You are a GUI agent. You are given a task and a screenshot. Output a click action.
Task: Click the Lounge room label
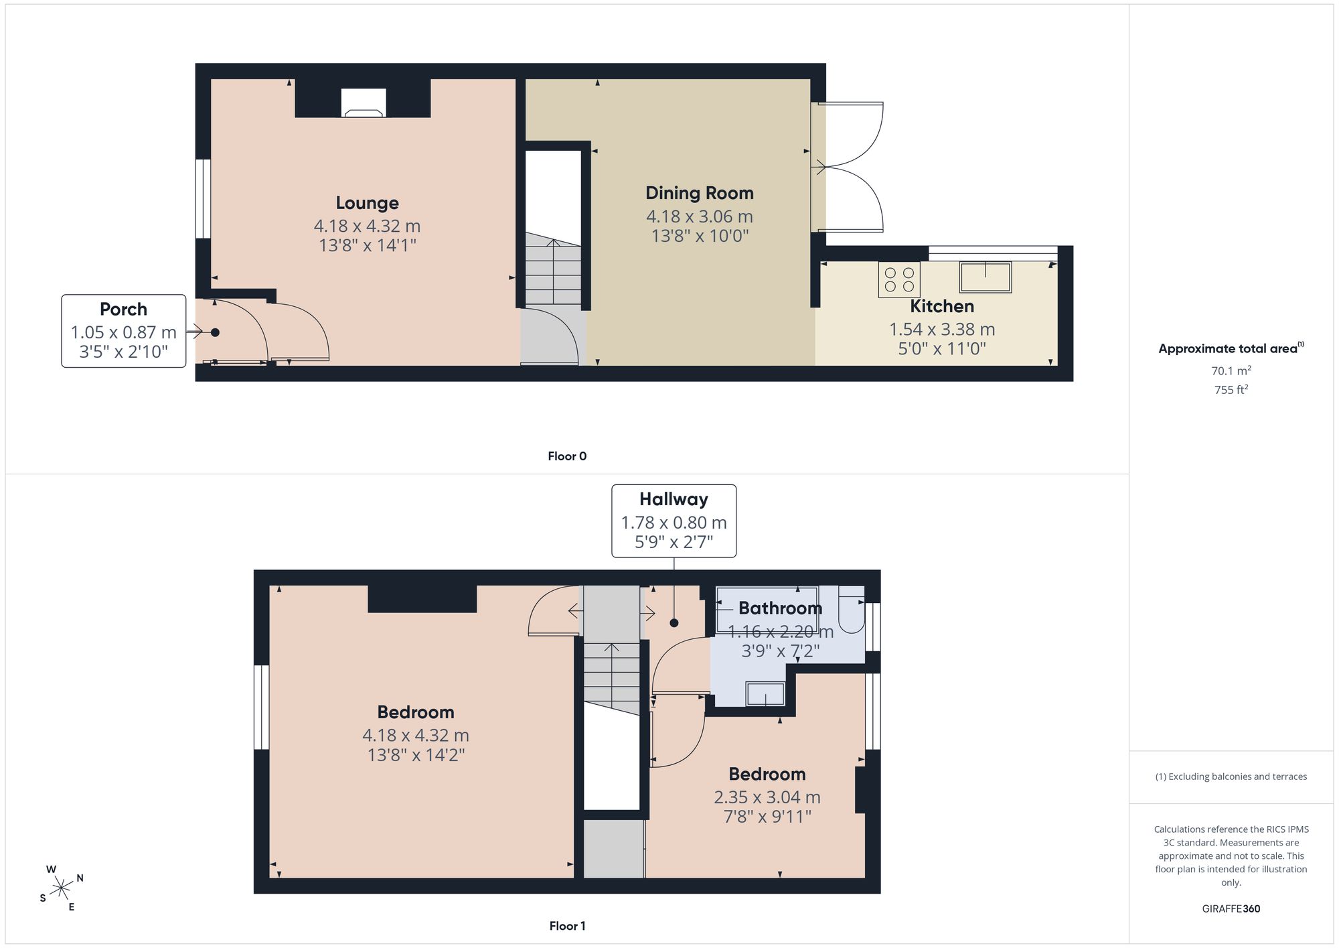367,203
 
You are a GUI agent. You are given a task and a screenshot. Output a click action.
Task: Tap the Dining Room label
700,193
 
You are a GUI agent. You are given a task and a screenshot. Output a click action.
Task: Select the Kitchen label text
942,307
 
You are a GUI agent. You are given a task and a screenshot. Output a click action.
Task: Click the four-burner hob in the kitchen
899,279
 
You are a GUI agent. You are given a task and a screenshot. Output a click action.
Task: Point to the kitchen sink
985,277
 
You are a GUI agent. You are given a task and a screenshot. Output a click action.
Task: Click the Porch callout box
124,331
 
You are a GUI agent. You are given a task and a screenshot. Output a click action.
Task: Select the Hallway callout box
674,521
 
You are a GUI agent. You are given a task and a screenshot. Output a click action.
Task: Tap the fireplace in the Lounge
363,103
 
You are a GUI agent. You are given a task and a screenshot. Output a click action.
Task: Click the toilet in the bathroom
852,610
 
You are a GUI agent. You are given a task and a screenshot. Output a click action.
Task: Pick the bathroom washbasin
765,694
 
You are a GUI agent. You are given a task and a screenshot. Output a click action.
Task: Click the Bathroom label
780,608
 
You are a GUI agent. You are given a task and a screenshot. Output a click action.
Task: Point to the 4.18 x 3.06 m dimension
700,216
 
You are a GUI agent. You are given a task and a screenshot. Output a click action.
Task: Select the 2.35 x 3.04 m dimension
767,797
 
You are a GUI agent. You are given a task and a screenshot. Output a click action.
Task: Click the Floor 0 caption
567,456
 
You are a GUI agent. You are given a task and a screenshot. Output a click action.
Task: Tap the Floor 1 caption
567,926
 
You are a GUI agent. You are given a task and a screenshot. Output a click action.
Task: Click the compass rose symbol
62,888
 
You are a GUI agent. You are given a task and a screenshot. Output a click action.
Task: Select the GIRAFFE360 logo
1231,908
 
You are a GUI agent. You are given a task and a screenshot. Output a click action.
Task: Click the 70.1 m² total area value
1231,370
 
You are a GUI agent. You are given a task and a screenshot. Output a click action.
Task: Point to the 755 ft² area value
1231,389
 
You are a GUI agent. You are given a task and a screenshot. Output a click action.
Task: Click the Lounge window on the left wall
203,198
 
